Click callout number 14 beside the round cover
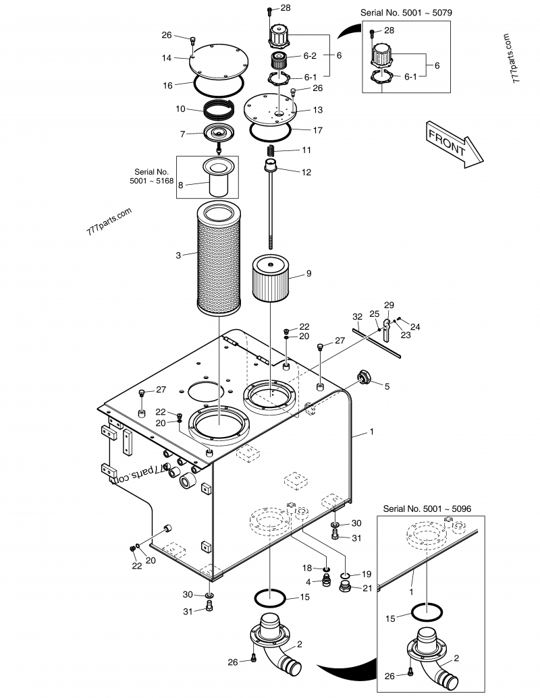pyautogui.click(x=167, y=58)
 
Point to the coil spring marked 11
pyautogui.click(x=270, y=150)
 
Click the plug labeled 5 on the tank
pyautogui.click(x=364, y=379)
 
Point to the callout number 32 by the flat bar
pyautogui.click(x=358, y=316)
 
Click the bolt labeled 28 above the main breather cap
pyautogui.click(x=269, y=11)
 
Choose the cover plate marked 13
pyautogui.click(x=270, y=107)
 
